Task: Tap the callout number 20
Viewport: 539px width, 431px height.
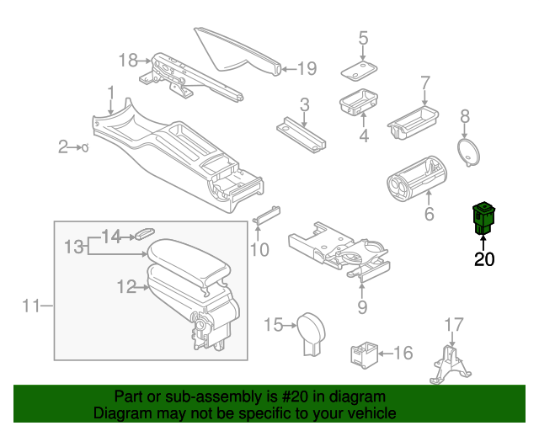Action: tap(484, 259)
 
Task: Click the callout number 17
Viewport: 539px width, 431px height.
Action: tap(454, 324)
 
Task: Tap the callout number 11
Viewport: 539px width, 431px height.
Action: tap(31, 306)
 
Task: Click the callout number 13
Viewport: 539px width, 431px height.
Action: tap(74, 247)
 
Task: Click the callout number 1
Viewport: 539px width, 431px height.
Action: tap(110, 91)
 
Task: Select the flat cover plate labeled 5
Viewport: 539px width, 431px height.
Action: tap(358, 70)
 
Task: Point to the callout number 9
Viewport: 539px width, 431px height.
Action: tap(362, 306)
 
